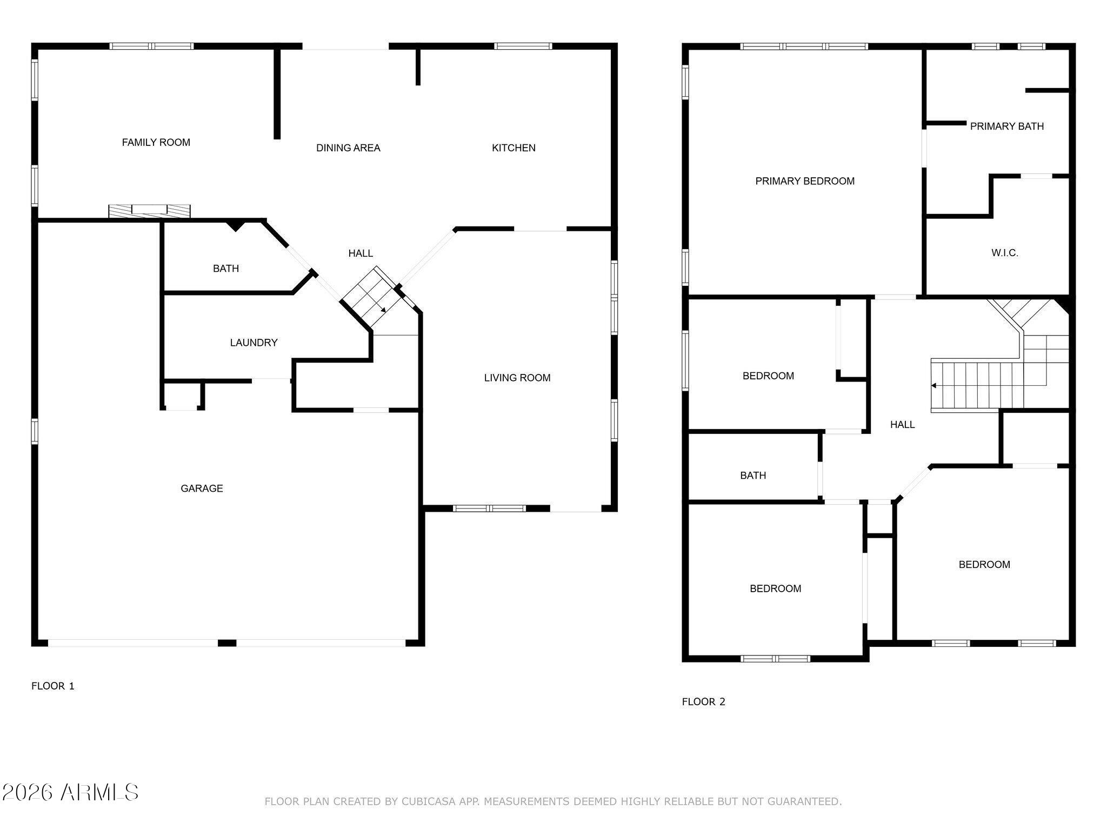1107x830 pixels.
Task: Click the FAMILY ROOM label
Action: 156,142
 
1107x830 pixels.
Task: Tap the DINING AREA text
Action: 348,148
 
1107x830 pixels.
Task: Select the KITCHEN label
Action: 514,148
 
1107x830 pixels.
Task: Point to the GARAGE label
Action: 202,488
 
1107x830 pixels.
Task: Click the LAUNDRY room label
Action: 254,342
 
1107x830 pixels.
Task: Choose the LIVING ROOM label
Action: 517,378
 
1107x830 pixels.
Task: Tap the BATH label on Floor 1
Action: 225,268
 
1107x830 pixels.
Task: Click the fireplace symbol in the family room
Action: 149,211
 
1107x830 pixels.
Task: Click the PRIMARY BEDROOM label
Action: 804,181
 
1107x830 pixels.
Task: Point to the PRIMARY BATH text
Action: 1006,126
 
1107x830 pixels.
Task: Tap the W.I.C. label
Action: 1004,252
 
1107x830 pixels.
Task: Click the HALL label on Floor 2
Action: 902,424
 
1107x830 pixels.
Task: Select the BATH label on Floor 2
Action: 752,475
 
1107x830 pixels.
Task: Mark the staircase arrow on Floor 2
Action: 934,385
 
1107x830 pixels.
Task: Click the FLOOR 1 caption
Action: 53,686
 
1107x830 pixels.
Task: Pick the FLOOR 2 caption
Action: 703,701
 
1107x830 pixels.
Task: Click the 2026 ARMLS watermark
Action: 70,792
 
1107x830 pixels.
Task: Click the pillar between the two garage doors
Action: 227,642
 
